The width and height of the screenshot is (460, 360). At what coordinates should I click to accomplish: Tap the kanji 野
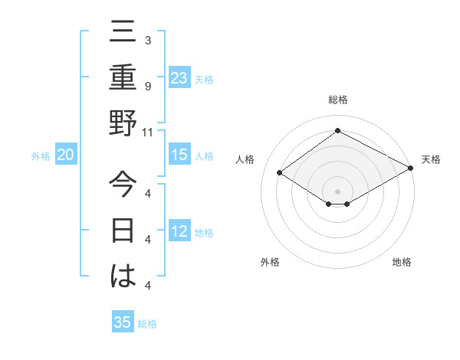(123, 123)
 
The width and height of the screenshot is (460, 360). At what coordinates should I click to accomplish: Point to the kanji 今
(123, 185)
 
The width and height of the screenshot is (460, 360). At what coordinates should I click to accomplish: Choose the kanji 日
(123, 231)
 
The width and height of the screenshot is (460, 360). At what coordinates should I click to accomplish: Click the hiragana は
(123, 277)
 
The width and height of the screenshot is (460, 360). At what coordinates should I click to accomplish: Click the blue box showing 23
(179, 77)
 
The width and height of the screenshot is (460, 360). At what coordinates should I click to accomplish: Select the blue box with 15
(179, 155)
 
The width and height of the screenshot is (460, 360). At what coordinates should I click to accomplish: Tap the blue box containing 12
(179, 231)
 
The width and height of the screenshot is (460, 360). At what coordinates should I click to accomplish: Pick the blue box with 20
(66, 155)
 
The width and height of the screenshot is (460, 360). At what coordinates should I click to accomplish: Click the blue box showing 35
(123, 322)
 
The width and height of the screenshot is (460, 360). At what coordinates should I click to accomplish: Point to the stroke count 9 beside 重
(148, 86)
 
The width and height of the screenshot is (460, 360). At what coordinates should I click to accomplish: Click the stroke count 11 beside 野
(148, 132)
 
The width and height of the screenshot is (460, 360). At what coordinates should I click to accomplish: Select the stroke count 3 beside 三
(148, 40)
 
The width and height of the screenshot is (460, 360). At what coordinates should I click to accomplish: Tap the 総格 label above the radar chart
(338, 100)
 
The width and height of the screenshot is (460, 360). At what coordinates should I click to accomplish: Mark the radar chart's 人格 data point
(280, 173)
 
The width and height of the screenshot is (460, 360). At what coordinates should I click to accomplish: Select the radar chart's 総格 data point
(337, 130)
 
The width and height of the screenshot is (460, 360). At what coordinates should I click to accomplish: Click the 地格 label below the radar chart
(402, 262)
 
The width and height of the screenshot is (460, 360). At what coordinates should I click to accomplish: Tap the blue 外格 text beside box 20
(41, 155)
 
